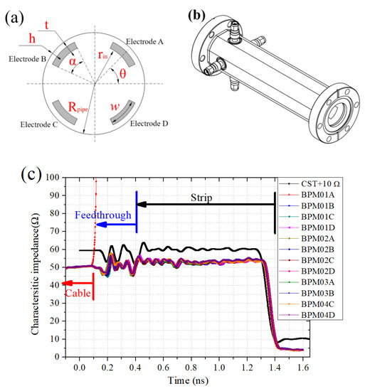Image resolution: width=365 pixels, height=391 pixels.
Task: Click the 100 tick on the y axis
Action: (x=53, y=177)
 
